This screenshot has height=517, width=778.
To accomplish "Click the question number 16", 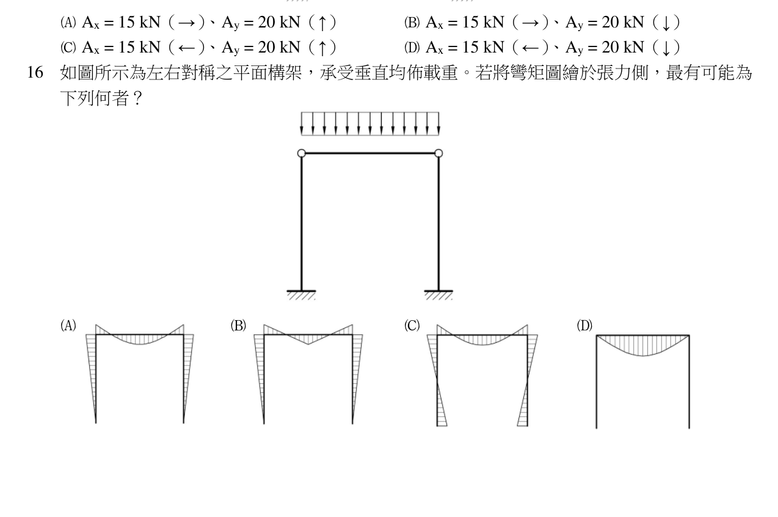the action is (x=35, y=72).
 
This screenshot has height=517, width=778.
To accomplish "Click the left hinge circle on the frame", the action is (x=302, y=153).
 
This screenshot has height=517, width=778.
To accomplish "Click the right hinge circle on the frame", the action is (x=438, y=153).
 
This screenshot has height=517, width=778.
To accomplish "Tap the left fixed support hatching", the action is (x=301, y=295).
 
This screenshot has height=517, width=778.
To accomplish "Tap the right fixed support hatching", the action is (x=438, y=295).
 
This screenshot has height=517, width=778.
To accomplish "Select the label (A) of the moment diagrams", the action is (x=68, y=326).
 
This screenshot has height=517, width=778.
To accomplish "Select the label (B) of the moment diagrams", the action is (x=238, y=326).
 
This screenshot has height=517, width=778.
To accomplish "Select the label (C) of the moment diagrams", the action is (x=412, y=326).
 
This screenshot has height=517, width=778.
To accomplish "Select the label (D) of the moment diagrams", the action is (x=584, y=326).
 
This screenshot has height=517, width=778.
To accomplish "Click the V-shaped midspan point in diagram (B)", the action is (x=308, y=344).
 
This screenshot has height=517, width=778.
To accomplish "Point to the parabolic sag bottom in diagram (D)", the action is (x=643, y=356).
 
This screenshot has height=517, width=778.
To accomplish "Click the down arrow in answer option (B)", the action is (x=666, y=23).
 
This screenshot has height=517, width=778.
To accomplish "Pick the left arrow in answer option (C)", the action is (x=186, y=48).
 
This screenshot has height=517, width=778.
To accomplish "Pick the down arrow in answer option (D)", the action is (x=666, y=48).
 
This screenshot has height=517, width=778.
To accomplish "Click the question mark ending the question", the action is (x=137, y=98).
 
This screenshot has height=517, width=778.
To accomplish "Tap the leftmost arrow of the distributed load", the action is (x=301, y=123).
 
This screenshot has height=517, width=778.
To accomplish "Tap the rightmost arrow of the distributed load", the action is (x=438, y=123).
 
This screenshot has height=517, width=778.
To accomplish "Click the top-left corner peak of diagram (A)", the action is (x=96, y=324).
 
